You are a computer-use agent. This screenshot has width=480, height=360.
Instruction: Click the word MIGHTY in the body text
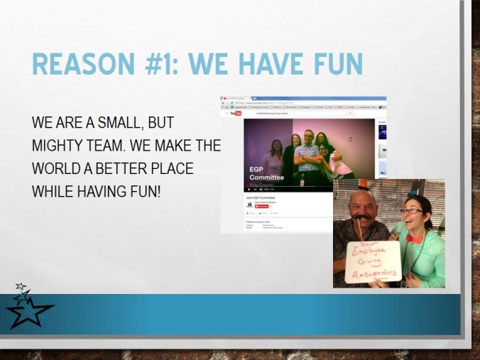[x=57, y=146]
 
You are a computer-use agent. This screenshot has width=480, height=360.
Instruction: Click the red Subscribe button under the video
[x=264, y=206]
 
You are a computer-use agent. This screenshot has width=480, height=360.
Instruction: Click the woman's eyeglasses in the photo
[x=412, y=210]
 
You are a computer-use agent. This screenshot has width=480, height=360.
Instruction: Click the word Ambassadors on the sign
[x=373, y=273]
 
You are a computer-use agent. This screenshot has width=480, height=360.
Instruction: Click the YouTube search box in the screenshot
[x=284, y=113]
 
